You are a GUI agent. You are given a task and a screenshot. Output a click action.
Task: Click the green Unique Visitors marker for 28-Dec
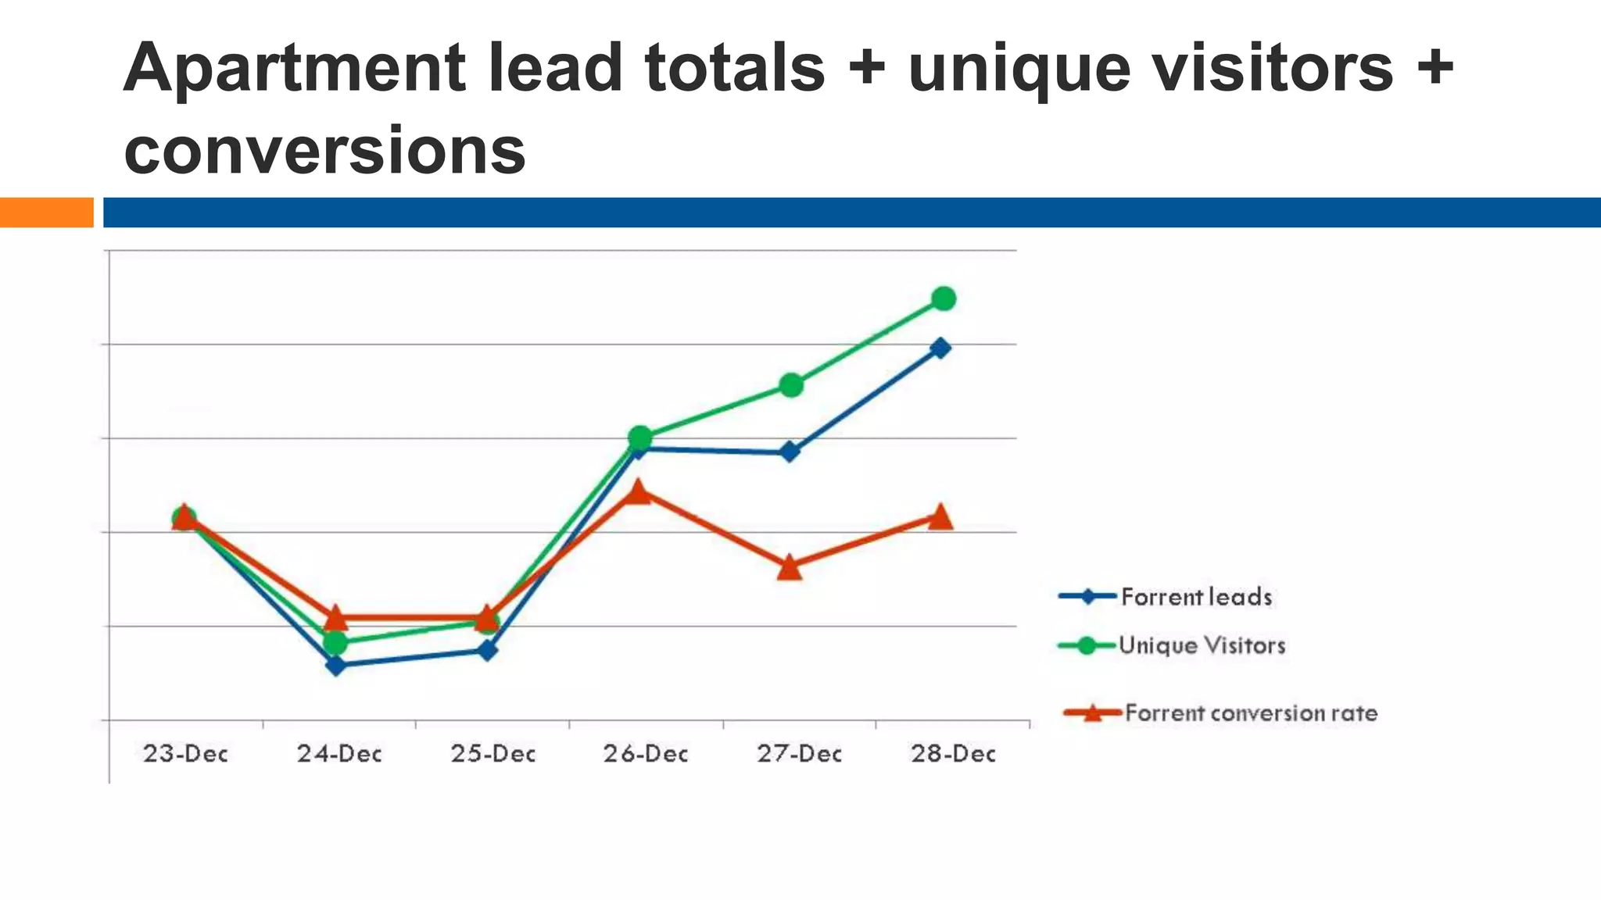pyautogui.click(x=944, y=298)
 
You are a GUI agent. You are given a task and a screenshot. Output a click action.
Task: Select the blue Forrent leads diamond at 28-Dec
pyautogui.click(x=941, y=348)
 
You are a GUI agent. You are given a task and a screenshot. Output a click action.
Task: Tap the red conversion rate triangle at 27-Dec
pyautogui.click(x=790, y=568)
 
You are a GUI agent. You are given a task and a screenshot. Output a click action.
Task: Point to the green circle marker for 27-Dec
pyautogui.click(x=791, y=385)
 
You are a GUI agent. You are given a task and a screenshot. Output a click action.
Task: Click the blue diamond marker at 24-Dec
pyautogui.click(x=336, y=666)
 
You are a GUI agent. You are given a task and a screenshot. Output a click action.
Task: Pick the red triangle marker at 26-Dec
pyautogui.click(x=638, y=492)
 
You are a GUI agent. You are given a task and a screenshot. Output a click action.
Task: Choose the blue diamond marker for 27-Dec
pyautogui.click(x=790, y=452)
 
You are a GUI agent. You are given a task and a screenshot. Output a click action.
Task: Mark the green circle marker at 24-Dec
pyautogui.click(x=335, y=643)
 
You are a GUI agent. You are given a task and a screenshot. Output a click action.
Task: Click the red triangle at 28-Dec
pyautogui.click(x=940, y=517)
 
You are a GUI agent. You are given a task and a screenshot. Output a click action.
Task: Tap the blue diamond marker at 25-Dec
pyautogui.click(x=487, y=650)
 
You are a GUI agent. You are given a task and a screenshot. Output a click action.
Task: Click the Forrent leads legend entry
pyautogui.click(x=1196, y=597)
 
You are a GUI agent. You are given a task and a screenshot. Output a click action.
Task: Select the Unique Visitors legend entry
pyautogui.click(x=1202, y=645)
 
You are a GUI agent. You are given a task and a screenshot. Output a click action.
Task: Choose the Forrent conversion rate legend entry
pyautogui.click(x=1250, y=712)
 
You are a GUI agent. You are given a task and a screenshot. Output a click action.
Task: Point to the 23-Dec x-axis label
pyautogui.click(x=185, y=754)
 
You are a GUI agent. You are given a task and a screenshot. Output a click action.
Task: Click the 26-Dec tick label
pyautogui.click(x=646, y=754)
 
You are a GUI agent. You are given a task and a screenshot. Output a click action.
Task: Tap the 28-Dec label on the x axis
pyautogui.click(x=953, y=754)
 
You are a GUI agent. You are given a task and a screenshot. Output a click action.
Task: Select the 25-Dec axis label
pyautogui.click(x=492, y=754)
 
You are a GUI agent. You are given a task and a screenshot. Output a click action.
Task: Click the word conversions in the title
pyautogui.click(x=324, y=150)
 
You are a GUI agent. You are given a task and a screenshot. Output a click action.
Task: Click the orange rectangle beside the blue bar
pyautogui.click(x=46, y=212)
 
